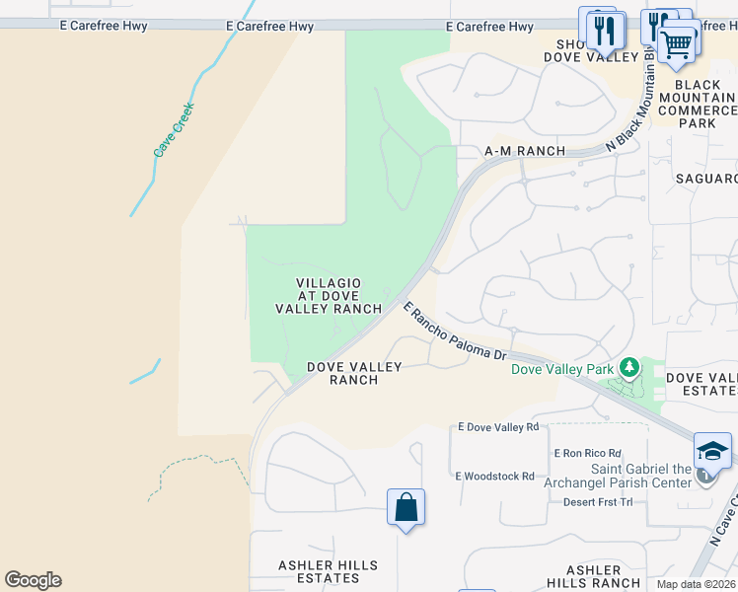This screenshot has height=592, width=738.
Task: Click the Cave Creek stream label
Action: click(175, 130)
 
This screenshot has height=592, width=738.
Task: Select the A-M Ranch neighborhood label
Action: click(524, 151)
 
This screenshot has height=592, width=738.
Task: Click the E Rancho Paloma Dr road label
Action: click(455, 332)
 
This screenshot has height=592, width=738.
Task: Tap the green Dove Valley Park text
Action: click(560, 370)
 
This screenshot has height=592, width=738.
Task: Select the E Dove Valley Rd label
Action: click(498, 427)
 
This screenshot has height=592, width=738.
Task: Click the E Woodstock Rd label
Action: click(494, 476)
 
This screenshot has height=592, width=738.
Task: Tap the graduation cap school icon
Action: click(712, 451)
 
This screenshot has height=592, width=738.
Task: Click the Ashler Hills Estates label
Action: click(328, 571)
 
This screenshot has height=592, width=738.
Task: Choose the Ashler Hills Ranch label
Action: click(592, 576)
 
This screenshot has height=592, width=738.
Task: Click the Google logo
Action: click(33, 580)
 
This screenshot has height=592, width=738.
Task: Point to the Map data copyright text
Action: click(697, 584)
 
